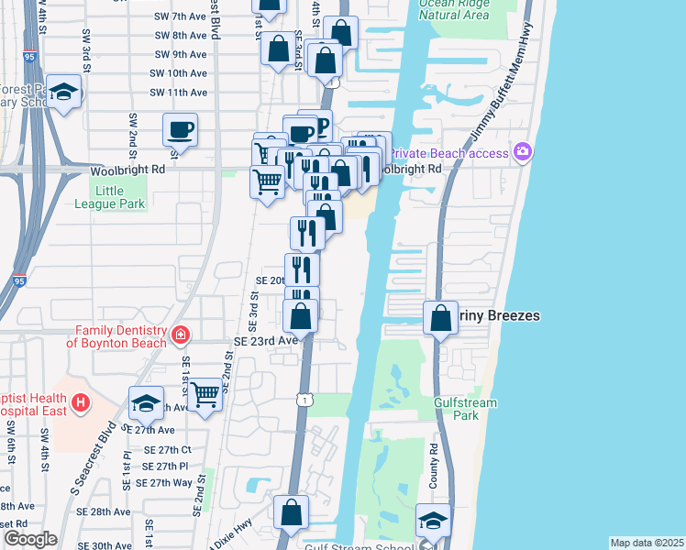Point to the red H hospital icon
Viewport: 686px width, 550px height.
[81, 401]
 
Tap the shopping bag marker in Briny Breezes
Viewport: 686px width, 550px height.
[441, 317]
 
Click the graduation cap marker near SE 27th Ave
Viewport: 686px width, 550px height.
[147, 402]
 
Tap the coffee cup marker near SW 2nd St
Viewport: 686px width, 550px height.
[180, 129]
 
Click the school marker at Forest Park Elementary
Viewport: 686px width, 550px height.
[64, 92]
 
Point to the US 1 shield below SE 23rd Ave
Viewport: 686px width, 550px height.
[304, 398]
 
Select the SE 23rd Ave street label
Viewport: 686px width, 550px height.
[266, 339]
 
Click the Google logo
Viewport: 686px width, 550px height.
[29, 539]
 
